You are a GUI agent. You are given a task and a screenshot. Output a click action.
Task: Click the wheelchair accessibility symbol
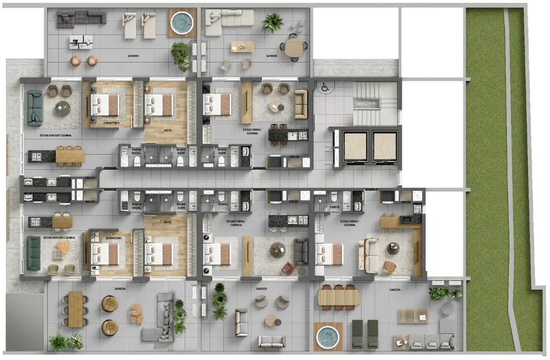(x=325, y=87)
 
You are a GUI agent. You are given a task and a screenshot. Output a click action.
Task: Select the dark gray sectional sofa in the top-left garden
(x=81, y=19)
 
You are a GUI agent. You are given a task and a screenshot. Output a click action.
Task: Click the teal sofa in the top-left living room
(x=34, y=108)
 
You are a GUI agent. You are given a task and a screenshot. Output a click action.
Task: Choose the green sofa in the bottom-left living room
(x=34, y=252)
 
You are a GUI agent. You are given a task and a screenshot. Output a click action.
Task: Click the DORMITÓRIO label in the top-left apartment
(x=112, y=122)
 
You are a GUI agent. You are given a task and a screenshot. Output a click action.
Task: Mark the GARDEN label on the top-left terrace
(x=133, y=56)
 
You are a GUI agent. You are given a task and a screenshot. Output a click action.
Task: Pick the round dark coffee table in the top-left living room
(x=61, y=109)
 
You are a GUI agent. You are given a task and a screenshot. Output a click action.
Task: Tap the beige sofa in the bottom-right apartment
(x=370, y=255)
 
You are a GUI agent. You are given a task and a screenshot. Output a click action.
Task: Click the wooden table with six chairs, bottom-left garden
(x=75, y=308)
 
